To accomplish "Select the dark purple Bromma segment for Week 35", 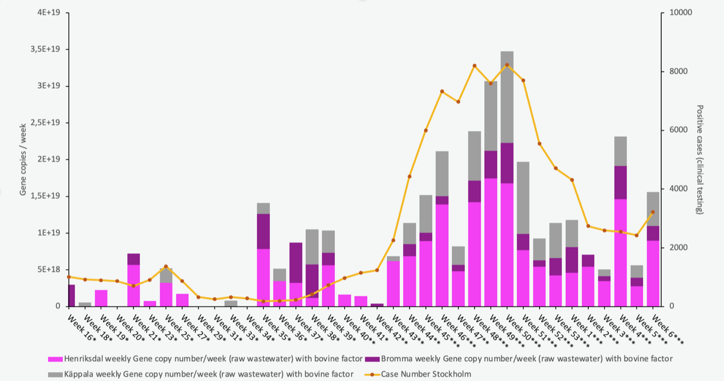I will pos(263,231).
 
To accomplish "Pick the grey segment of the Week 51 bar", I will pos(523,198).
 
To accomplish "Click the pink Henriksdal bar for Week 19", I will pos(101,298).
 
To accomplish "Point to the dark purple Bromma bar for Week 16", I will pos(71,295).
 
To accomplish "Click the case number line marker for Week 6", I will pos(653,212).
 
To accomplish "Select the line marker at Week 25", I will pos(166,266).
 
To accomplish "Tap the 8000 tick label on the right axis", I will pos(678,72).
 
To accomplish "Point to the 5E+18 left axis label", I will pos(49,270).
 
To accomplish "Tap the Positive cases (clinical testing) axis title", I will pos(700,159).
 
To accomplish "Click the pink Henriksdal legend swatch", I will pos(55,358).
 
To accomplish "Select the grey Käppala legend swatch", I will pos(55,374).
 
